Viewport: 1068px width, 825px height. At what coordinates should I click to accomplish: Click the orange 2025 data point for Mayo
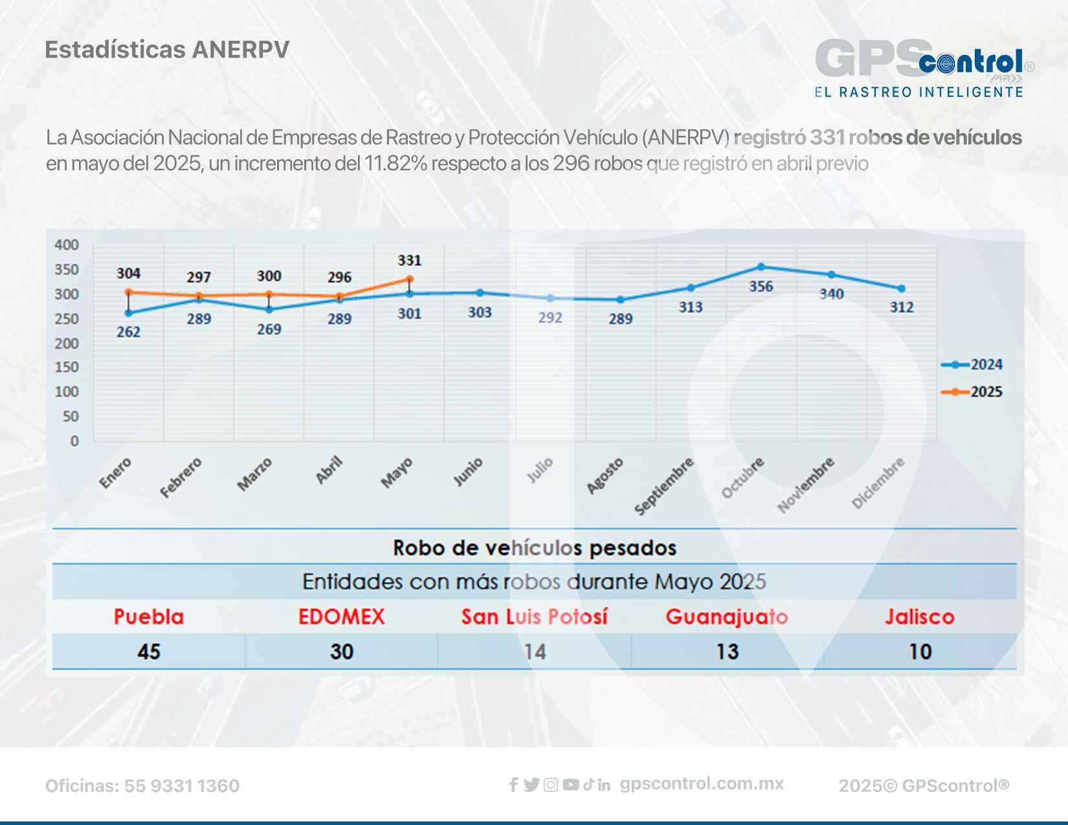point(409,279)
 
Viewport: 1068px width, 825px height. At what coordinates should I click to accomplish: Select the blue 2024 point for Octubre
point(761,267)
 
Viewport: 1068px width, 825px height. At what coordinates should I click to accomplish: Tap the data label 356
point(761,286)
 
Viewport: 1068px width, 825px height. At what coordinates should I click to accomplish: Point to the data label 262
point(128,331)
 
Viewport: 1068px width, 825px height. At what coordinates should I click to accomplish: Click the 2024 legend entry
point(972,365)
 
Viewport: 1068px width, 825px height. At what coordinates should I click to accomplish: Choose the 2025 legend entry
point(972,391)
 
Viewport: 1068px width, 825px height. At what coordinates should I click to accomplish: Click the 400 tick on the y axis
point(67,245)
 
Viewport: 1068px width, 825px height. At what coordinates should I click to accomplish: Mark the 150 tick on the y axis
point(67,367)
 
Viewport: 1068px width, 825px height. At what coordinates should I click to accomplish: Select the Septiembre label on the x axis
point(664,485)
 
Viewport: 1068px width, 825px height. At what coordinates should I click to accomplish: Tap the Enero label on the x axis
point(116,472)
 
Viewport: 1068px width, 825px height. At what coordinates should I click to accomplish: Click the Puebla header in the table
point(149,617)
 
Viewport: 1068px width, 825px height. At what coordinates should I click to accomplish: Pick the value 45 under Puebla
point(149,652)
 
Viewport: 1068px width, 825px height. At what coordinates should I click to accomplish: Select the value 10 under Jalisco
point(920,652)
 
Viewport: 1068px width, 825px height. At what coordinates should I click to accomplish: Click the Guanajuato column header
point(726,617)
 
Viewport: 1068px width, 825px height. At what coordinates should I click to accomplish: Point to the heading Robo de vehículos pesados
point(534,548)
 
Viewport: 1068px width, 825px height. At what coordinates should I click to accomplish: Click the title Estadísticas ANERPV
point(167,50)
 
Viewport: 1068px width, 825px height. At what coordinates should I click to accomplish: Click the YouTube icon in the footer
point(570,785)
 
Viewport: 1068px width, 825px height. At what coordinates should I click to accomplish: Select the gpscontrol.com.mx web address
point(702,784)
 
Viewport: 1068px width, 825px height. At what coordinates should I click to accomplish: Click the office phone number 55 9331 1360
point(182,786)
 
